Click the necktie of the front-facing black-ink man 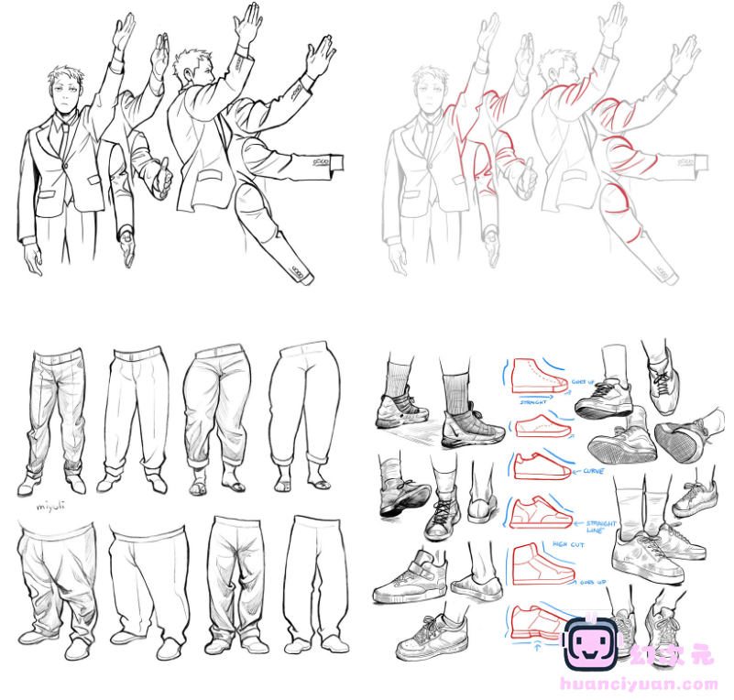pos(62,137)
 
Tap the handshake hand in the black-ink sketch pos(161,179)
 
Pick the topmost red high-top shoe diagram pos(532,376)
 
